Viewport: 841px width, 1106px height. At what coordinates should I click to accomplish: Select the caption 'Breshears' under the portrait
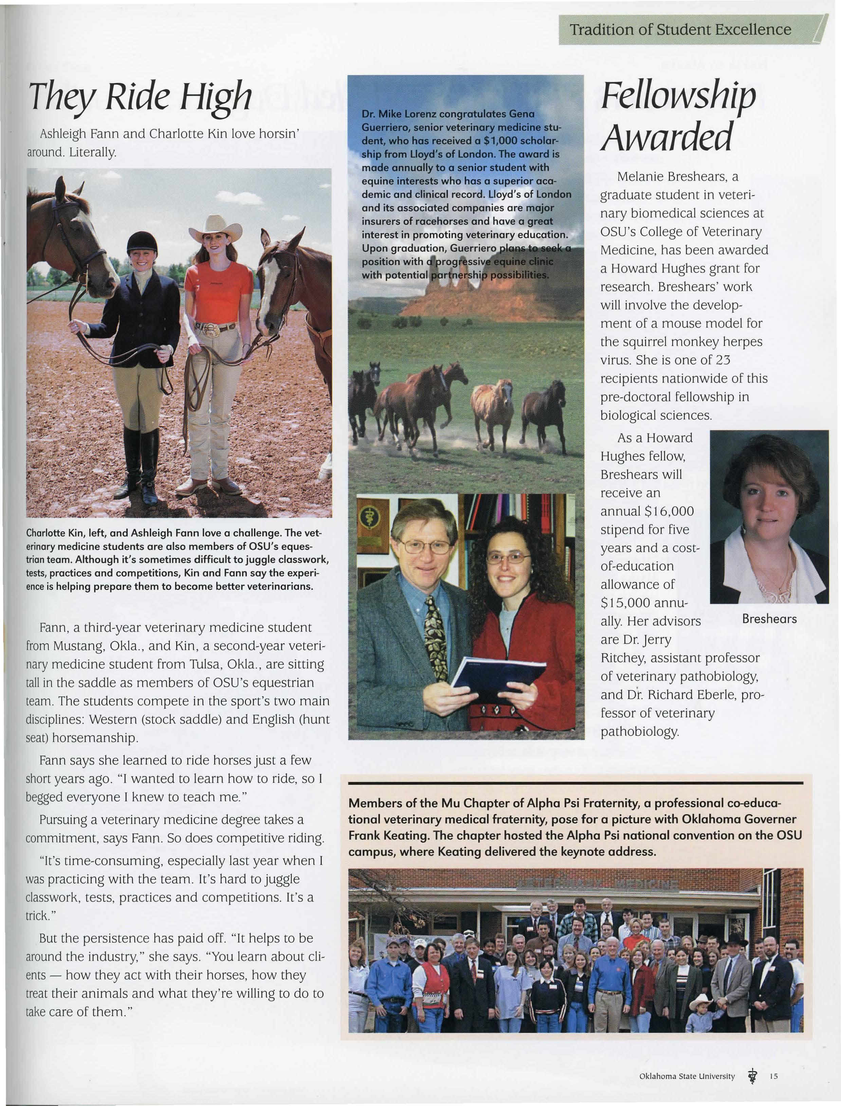(x=769, y=619)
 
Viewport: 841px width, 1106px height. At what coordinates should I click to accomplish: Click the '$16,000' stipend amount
(x=669, y=511)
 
